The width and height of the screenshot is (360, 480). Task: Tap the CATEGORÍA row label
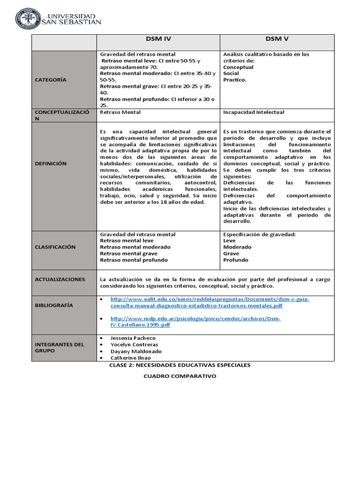coord(51,80)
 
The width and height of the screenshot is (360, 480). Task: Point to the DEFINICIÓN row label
coord(51,164)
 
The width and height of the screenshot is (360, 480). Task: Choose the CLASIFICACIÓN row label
coord(55,247)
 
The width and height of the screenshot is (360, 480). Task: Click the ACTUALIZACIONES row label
coord(60,279)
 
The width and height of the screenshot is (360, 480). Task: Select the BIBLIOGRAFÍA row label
coord(54,305)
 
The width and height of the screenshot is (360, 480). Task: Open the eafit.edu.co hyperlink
coord(210,302)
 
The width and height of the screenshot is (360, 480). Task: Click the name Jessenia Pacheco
coord(133,338)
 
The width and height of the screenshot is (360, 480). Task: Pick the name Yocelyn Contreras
coord(134,345)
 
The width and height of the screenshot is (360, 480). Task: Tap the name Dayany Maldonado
coord(135,351)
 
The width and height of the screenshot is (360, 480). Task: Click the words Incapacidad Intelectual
coord(254,112)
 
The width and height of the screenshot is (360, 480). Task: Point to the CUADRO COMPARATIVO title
coord(180,376)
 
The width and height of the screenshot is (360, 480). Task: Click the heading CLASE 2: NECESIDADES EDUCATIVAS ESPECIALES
coord(180,365)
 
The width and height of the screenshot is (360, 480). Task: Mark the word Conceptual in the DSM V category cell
coord(238,67)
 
